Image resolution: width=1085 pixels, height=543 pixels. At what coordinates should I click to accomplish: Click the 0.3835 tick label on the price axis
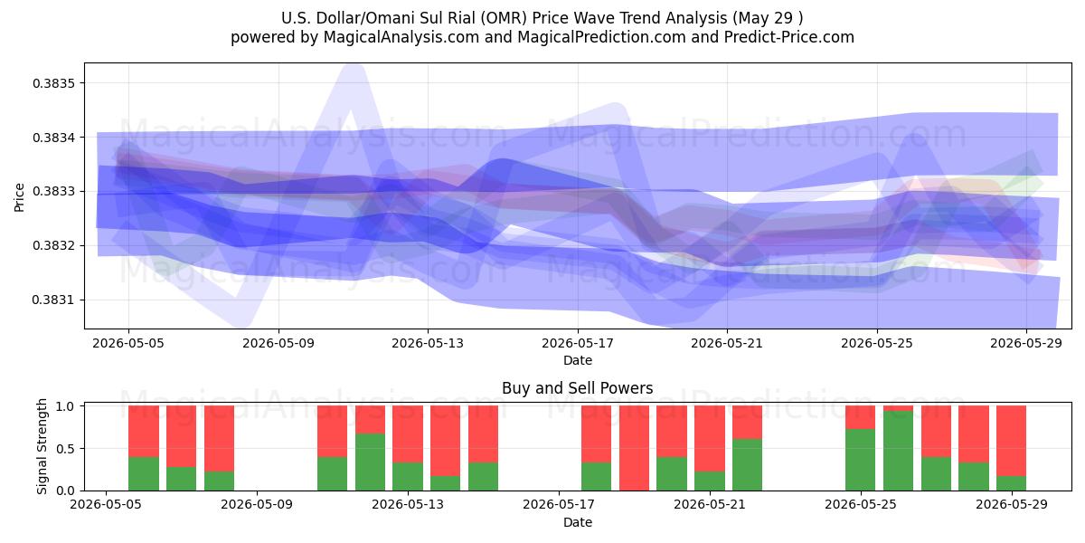coord(53,83)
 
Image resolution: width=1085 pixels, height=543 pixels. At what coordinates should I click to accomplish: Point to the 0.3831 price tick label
coord(53,300)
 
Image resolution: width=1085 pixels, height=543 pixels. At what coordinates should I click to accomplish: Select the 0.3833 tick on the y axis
coord(53,192)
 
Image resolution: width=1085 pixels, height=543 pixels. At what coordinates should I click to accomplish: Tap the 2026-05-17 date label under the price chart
coord(578,343)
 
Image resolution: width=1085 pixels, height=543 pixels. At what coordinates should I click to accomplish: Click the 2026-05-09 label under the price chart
coord(278,343)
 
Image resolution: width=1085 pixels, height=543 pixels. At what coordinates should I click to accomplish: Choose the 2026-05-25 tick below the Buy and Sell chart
coord(861,504)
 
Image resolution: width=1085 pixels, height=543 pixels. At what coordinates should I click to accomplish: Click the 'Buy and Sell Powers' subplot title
coord(578,388)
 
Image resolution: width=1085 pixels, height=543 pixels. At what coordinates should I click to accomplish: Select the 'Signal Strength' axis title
coord(42,446)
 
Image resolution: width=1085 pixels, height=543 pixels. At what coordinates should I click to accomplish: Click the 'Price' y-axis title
coord(19,197)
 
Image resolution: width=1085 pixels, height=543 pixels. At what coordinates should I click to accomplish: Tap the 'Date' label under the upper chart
coord(578,360)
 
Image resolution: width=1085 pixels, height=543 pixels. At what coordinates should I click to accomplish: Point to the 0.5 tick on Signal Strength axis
coord(65,449)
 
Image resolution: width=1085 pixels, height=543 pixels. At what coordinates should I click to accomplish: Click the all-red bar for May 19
coord(634,448)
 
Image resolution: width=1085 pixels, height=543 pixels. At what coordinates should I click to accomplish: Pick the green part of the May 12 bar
coord(370,462)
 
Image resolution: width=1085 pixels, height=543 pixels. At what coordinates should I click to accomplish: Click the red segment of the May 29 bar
coord(1011,441)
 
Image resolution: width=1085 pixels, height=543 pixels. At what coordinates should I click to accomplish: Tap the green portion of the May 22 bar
coord(747,464)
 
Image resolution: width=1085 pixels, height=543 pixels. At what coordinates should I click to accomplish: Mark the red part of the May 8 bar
coord(219,438)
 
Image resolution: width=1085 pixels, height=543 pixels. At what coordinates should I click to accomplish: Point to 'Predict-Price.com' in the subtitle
coord(789,37)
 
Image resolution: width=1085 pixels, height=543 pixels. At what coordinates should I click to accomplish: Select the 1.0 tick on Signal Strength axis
coord(65,406)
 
